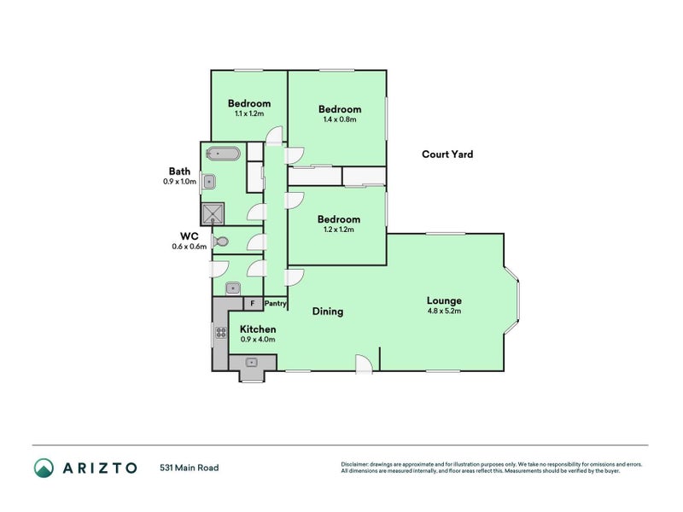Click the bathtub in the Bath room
223,154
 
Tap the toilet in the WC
220,241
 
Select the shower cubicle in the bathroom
213,214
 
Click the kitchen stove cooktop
221,333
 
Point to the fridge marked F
253,303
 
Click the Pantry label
275,303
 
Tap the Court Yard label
447,154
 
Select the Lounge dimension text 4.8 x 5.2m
444,311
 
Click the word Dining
328,311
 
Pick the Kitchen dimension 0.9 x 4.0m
258,339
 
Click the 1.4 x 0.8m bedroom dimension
340,119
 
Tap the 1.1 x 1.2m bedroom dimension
249,113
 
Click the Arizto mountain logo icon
44,468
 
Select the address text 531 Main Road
189,468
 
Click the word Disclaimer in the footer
354,464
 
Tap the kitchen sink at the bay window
252,362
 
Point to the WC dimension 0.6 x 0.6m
189,247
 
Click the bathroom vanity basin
209,181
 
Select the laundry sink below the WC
233,288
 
